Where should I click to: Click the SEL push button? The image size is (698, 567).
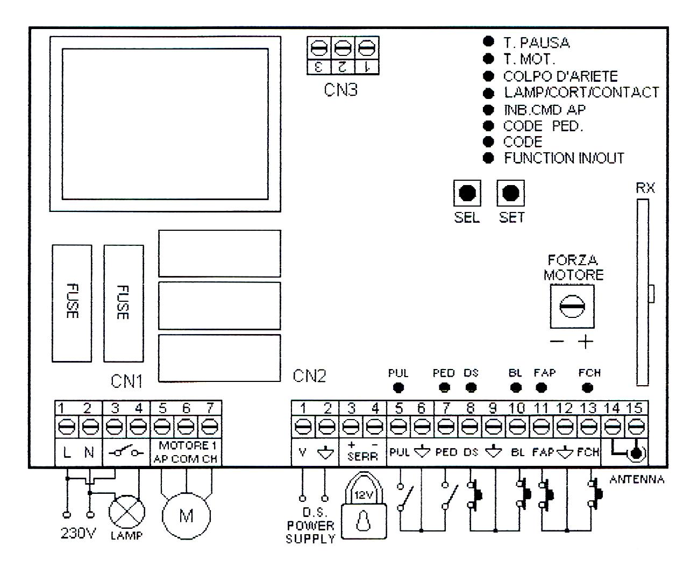pos(467,193)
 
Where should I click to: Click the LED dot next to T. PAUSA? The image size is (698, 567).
pos(489,42)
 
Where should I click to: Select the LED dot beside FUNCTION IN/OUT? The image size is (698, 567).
pos(489,158)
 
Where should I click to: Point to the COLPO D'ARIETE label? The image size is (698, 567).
pos(560,76)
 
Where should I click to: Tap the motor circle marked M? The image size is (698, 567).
pos(186,516)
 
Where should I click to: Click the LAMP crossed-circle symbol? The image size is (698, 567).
pos(127,511)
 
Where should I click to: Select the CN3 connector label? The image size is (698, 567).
pos(340,90)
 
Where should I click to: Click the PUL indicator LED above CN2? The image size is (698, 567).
pos(399,387)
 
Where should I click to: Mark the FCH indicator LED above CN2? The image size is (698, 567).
pos(588,387)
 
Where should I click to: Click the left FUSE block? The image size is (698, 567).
pos(72,303)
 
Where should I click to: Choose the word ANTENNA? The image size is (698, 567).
pos(637,480)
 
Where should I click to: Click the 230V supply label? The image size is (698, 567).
pos(78,536)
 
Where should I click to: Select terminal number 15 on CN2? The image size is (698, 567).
pos(636,409)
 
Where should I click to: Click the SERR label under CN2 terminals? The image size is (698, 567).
pos(362,456)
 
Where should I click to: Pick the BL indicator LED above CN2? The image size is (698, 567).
pos(516,387)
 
